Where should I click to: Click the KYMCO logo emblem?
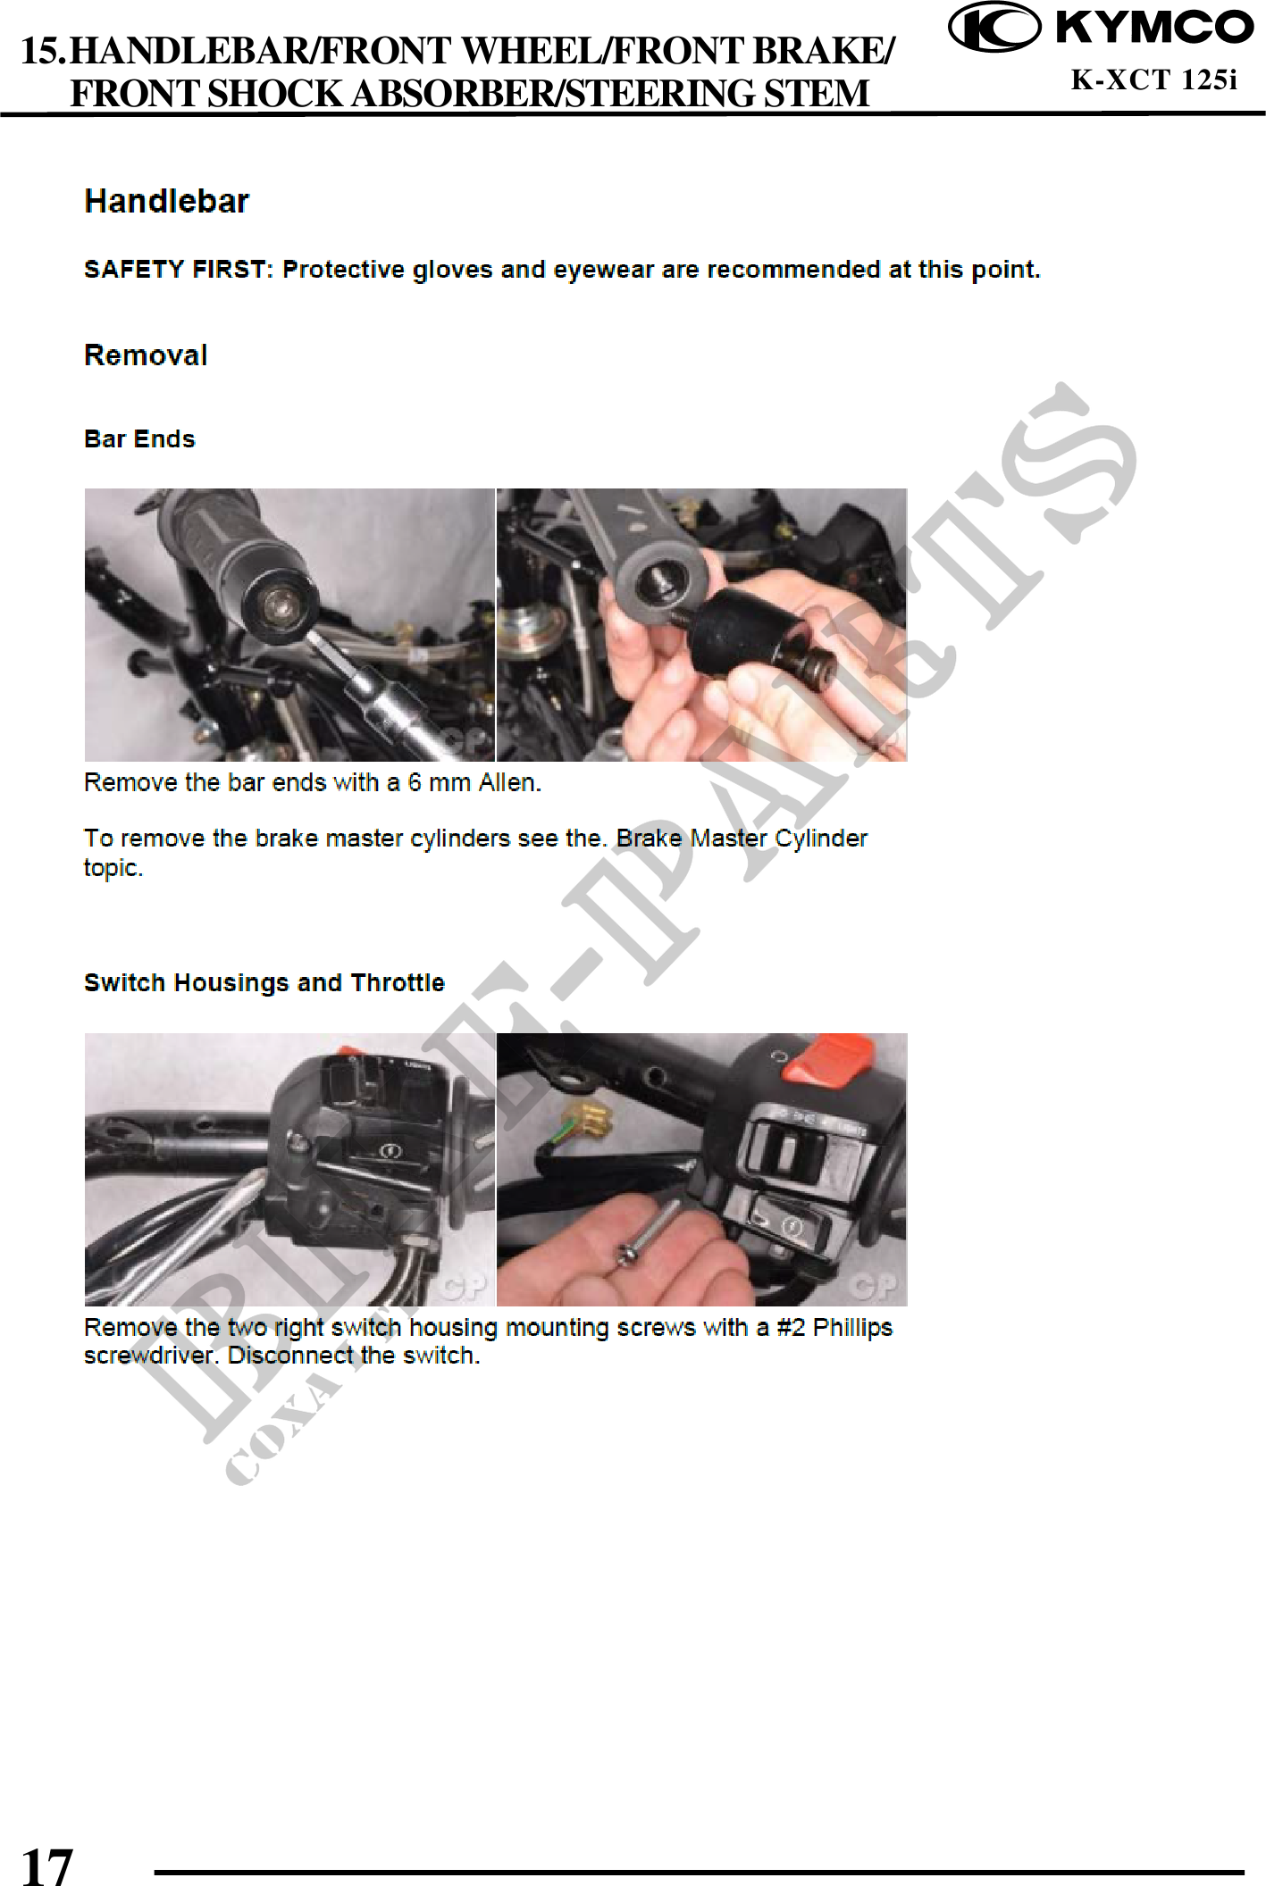tap(994, 28)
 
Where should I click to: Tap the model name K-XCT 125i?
tap(1154, 80)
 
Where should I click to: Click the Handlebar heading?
tap(167, 201)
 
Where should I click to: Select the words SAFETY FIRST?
tap(175, 270)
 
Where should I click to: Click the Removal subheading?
tap(146, 355)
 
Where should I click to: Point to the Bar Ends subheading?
tap(139, 439)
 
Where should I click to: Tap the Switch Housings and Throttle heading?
tap(264, 983)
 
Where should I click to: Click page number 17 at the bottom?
tap(46, 1865)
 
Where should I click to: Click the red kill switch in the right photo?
tap(830, 1060)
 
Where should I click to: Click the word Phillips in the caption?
tap(852, 1328)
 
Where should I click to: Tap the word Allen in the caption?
tap(509, 783)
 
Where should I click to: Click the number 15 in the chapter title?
tap(43, 51)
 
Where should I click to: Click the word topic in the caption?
tap(113, 868)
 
